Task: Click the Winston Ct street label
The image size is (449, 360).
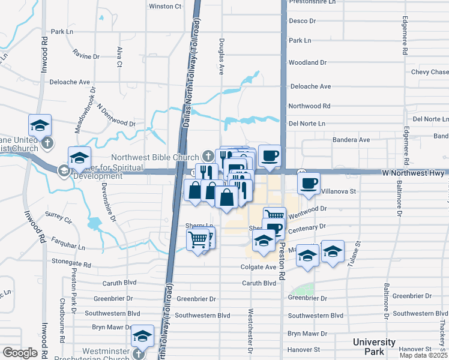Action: pos(164,7)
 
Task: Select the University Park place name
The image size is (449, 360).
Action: pos(374,346)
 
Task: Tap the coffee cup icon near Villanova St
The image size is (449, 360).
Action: pos(309,182)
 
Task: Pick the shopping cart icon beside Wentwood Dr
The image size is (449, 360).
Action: pos(274,215)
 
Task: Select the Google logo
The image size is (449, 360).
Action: pos(20,353)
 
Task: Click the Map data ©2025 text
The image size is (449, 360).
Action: pos(423,355)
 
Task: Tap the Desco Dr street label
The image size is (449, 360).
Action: pos(302,21)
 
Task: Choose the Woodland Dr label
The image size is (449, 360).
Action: pos(307,62)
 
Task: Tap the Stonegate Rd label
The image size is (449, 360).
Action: pos(71,263)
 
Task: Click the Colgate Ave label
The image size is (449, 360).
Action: pos(258,267)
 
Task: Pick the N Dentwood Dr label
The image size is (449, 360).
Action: pos(116,118)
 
